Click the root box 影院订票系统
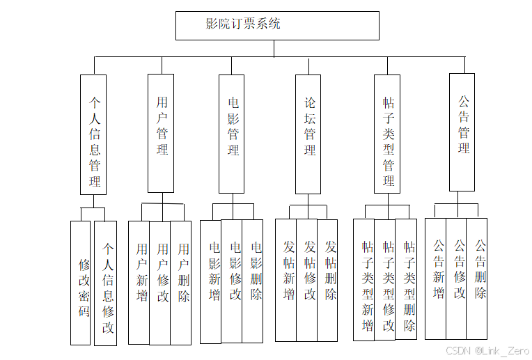click(x=277, y=25)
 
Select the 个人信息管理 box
click(x=93, y=134)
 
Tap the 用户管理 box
click(x=161, y=133)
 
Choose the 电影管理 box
click(x=232, y=133)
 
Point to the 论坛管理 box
click(x=308, y=134)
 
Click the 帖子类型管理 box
click(x=387, y=134)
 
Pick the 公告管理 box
click(x=462, y=132)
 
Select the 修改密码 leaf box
click(x=81, y=283)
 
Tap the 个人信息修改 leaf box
click(x=106, y=283)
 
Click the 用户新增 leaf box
click(x=139, y=283)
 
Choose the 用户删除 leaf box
click(x=181, y=283)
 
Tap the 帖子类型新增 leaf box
click(x=364, y=280)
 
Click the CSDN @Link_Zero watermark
click(x=487, y=350)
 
